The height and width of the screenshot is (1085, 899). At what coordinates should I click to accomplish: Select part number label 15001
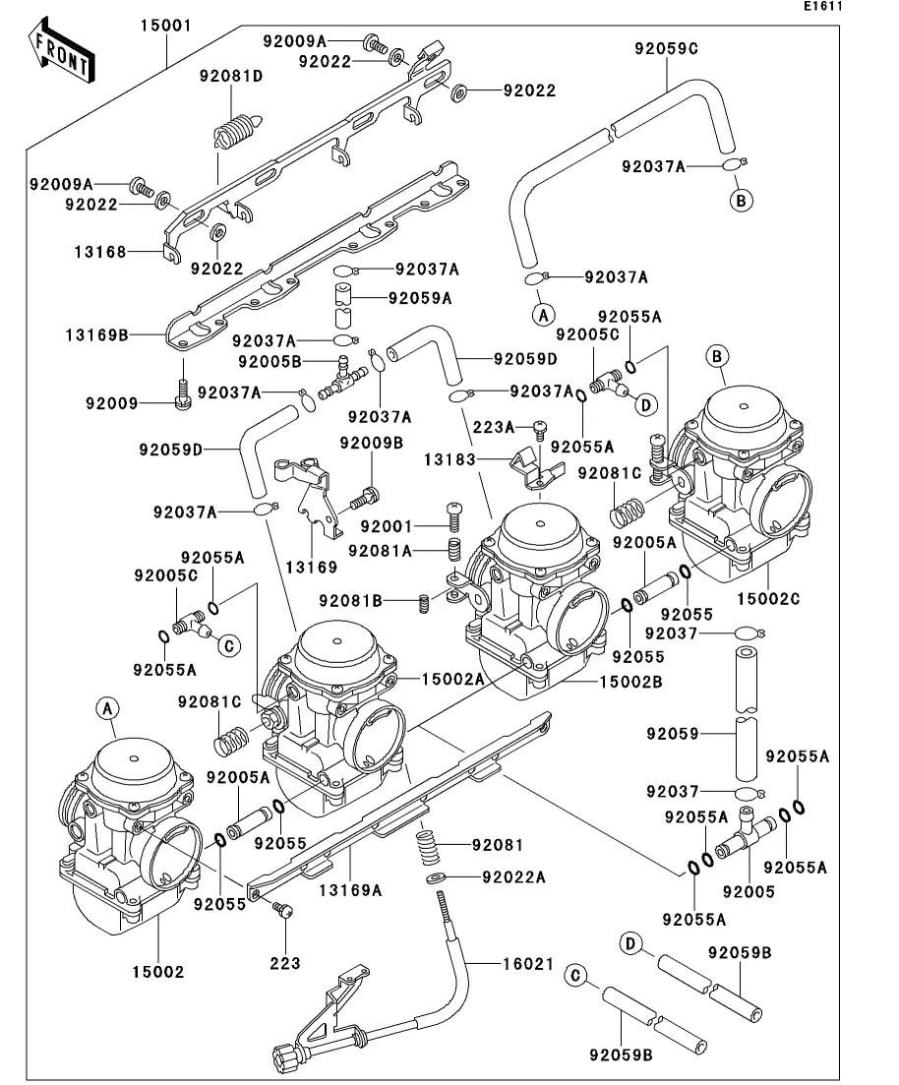[x=165, y=25]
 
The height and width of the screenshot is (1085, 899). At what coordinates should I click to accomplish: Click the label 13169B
[x=97, y=334]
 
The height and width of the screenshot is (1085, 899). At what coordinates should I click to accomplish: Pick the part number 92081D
[x=231, y=75]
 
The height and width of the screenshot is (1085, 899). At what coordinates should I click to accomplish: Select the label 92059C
[x=666, y=46]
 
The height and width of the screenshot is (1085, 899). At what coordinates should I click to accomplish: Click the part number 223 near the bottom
[x=285, y=963]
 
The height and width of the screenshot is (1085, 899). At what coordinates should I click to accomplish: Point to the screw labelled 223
[x=283, y=912]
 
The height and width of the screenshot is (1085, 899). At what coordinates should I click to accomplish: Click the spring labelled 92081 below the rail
[x=426, y=845]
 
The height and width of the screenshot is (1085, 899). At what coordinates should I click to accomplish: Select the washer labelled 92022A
[x=436, y=876]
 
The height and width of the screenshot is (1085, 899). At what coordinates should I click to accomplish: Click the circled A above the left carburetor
[x=108, y=706]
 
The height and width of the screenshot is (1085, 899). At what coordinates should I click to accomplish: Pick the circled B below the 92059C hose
[x=742, y=201]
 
